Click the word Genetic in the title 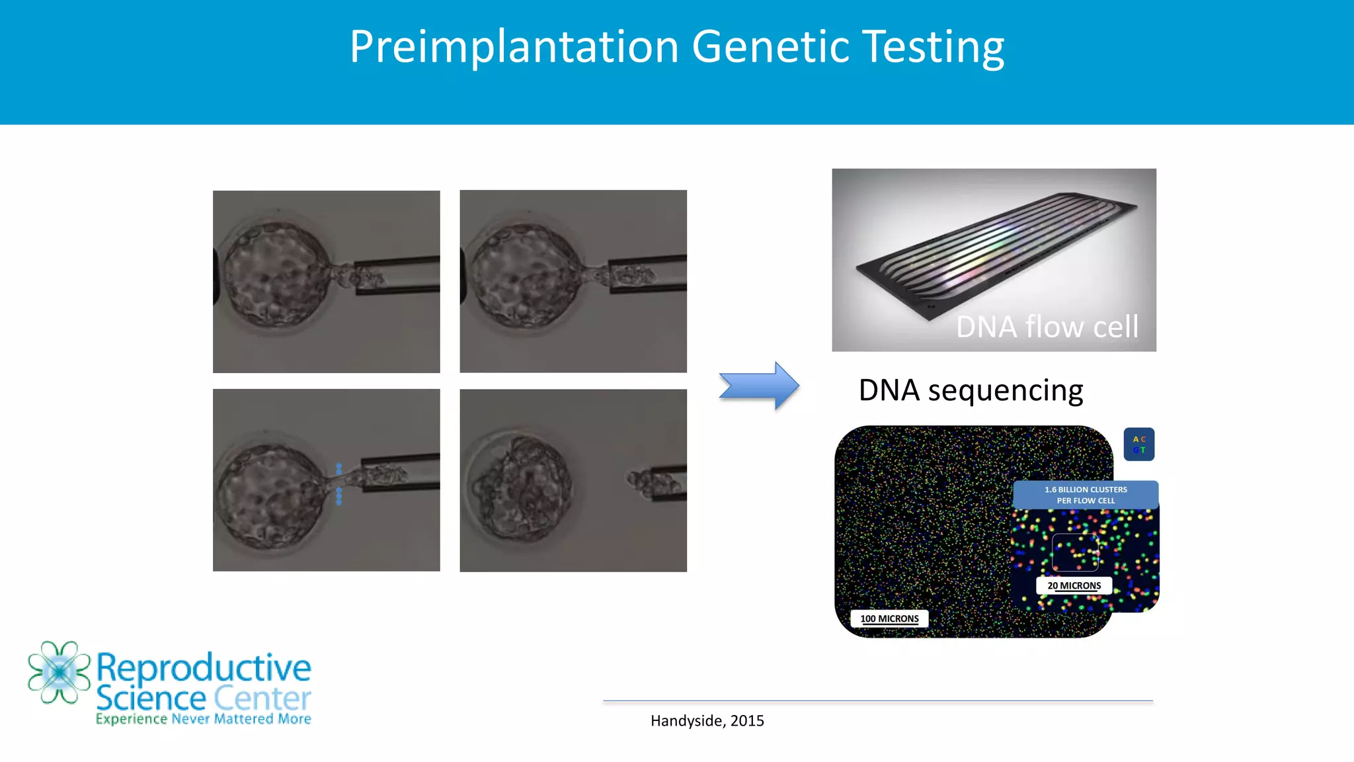pos(771,48)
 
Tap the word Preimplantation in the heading pos(514,48)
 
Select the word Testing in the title pos(934,48)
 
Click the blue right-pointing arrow pos(760,386)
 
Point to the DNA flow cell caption pos(1047,327)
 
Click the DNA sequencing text pos(970,390)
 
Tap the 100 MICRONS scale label pos(889,618)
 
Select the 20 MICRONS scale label pos(1074,585)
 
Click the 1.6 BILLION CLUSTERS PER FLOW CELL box pos(1085,495)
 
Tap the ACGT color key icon pos(1138,444)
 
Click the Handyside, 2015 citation pos(707,721)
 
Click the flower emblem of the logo pos(59,672)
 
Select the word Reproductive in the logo pos(204,667)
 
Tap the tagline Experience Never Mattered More pos(203,719)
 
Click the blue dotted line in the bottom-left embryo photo pos(339,484)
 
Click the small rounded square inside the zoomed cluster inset pos(1074,552)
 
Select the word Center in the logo pos(262,698)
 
